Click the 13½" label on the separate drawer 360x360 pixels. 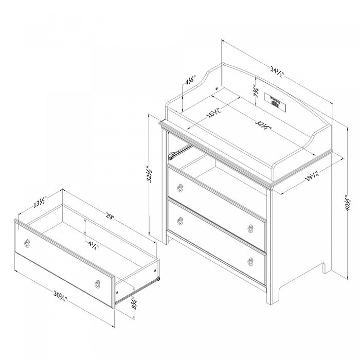(x=39, y=201)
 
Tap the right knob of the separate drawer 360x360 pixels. (x=97, y=282)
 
